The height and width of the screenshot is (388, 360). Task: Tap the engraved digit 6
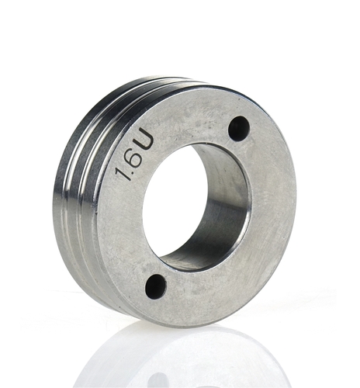[x=134, y=158]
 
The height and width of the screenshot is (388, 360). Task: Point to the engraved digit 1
[x=123, y=174]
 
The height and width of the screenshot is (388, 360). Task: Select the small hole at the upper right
[x=239, y=129]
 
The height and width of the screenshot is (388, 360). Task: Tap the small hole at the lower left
[x=155, y=286]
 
